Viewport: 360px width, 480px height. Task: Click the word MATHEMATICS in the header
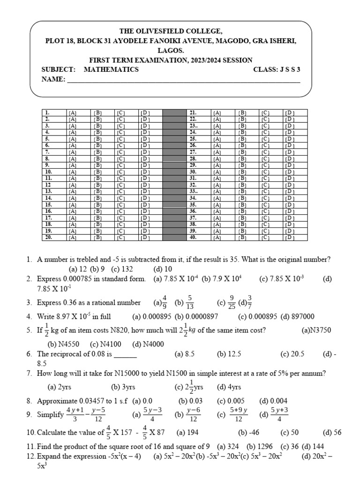(111, 69)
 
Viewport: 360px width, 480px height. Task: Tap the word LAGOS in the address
(171, 50)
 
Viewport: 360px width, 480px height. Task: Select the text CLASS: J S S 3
(276, 69)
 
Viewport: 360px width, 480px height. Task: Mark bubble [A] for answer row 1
(73, 113)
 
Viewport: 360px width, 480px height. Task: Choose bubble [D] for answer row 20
(145, 238)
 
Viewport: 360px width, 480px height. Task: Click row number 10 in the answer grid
(48, 172)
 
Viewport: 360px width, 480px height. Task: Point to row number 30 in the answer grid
(193, 172)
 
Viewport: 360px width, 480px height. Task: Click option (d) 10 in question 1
(163, 269)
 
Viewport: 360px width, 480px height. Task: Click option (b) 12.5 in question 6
(228, 354)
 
